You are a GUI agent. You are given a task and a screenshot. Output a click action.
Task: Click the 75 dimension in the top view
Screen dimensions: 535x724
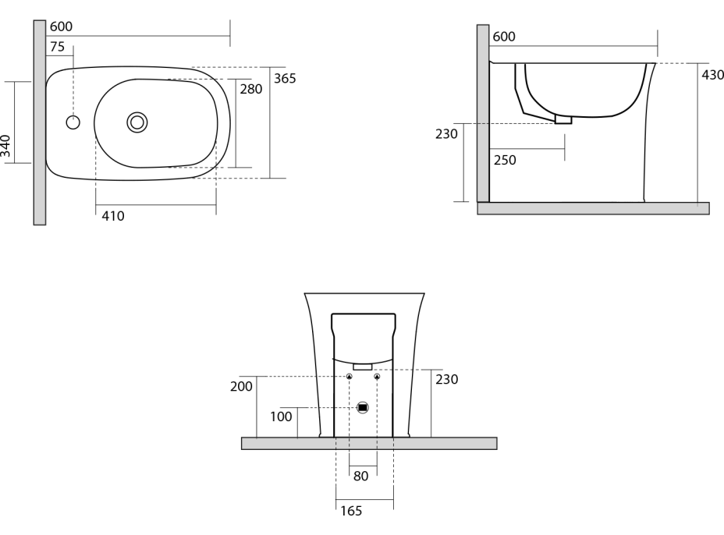coord(58,47)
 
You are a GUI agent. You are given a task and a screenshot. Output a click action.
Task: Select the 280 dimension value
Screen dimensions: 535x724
coord(251,89)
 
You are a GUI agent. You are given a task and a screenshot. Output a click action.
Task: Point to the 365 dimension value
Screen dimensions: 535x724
coord(285,79)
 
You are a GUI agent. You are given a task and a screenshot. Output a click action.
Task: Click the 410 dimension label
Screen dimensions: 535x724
coord(113,215)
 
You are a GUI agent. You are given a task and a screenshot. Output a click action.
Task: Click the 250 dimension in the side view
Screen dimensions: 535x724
coord(504,160)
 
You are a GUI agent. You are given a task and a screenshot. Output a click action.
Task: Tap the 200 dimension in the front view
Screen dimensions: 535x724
coord(242,387)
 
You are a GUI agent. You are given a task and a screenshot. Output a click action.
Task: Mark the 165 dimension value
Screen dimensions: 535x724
coord(350,512)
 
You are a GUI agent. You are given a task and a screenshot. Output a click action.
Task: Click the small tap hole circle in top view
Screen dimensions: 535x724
coord(73,122)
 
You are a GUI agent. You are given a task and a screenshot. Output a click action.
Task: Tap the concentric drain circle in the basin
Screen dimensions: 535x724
coord(137,122)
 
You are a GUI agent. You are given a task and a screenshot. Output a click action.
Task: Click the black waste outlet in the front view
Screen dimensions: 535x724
coord(363,407)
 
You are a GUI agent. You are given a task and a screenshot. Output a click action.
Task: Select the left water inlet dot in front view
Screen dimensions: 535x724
coord(350,377)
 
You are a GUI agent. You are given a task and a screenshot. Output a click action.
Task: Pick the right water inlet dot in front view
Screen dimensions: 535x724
coord(377,377)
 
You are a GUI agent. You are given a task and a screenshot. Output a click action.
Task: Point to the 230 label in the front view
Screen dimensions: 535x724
coord(447,379)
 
